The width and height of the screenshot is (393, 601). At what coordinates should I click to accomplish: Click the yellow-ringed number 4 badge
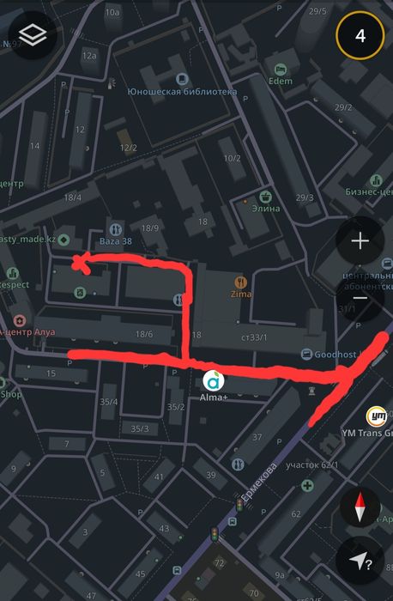360,36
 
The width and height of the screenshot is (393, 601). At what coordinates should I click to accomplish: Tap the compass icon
360,509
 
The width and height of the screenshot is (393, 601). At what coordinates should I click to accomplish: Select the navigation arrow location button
360,561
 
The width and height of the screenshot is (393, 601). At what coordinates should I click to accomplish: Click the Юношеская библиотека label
181,91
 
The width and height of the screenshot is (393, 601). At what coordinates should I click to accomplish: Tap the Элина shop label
266,208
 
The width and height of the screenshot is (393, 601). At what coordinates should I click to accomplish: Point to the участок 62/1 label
312,465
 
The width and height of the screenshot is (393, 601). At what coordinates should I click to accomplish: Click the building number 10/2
232,158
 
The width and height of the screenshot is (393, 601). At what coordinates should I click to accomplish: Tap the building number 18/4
72,197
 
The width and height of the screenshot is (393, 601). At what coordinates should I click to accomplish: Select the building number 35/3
139,428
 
